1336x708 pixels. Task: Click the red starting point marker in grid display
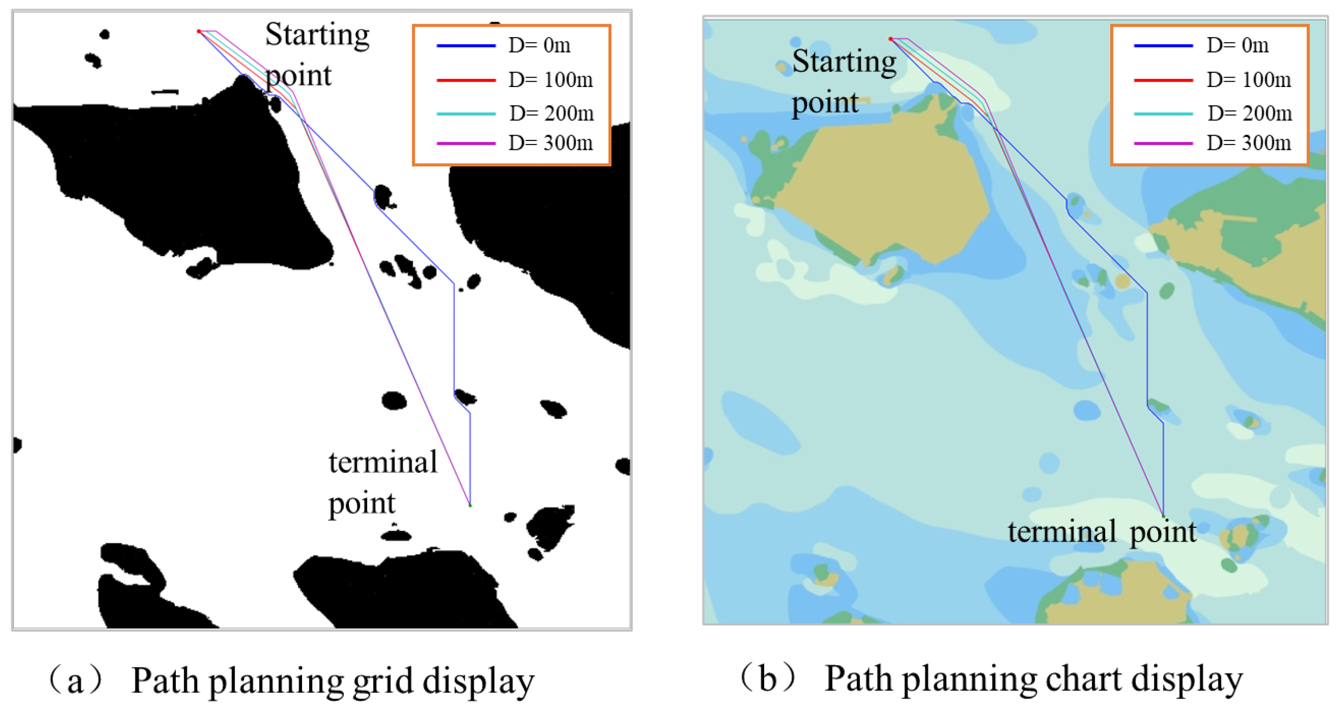coord(199,32)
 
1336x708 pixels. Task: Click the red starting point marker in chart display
coord(890,39)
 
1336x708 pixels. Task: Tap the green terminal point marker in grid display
coord(470,505)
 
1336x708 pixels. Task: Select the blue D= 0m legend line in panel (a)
coord(466,46)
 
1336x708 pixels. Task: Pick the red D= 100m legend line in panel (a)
coord(466,80)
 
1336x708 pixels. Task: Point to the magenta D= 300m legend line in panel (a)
coord(466,143)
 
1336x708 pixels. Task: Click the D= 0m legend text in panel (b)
coord(1237,46)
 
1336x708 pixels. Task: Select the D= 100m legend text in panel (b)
coord(1249,80)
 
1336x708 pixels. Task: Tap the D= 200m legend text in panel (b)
coord(1249,113)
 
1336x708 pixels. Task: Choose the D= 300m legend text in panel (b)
coord(1249,143)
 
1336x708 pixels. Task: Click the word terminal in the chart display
coord(1062,532)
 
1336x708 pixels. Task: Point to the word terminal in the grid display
coord(383,462)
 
